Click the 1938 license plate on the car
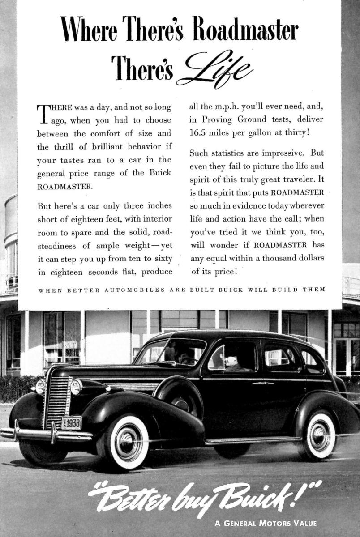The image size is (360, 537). pos(72,422)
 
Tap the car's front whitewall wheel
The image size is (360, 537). pos(128,442)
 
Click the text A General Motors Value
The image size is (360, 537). pos(265,523)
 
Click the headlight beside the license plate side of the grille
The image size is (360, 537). pos(77,387)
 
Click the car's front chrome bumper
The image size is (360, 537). pos(45,433)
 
